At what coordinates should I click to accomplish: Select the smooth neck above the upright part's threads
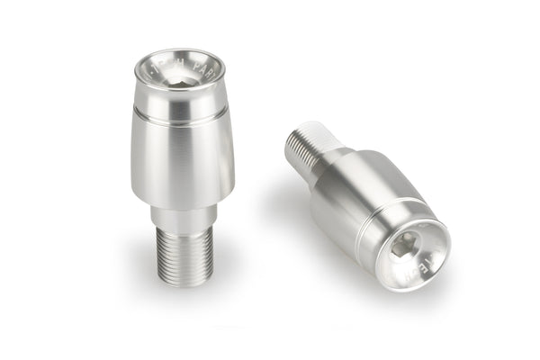point(183,216)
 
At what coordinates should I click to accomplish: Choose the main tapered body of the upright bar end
point(182,162)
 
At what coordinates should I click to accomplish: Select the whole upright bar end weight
point(182,166)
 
